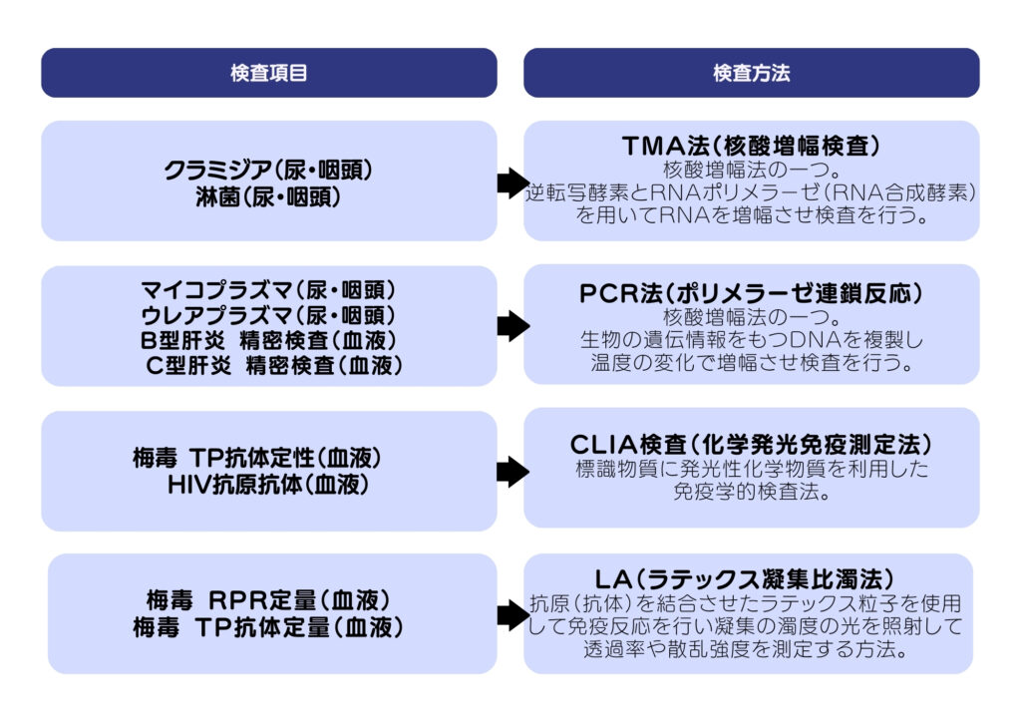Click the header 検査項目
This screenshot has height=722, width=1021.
268,73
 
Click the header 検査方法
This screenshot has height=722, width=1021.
751,73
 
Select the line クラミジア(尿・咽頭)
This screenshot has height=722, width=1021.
268,171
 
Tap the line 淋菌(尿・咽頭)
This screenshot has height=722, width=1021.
268,197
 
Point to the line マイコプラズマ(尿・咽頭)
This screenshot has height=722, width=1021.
268,290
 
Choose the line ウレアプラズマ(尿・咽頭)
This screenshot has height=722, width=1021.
268,315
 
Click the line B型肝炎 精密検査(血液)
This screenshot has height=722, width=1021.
268,340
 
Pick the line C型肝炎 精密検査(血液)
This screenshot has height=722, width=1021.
268,365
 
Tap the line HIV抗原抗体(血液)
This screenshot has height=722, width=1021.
269,486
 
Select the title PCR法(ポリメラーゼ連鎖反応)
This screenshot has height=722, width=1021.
751,294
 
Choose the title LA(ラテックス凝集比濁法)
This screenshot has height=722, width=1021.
751,578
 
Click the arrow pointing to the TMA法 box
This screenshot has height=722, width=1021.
511,181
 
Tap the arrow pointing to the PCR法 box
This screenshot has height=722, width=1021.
511,325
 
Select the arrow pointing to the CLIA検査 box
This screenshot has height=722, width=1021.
511,472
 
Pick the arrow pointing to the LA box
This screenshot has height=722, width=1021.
511,615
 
